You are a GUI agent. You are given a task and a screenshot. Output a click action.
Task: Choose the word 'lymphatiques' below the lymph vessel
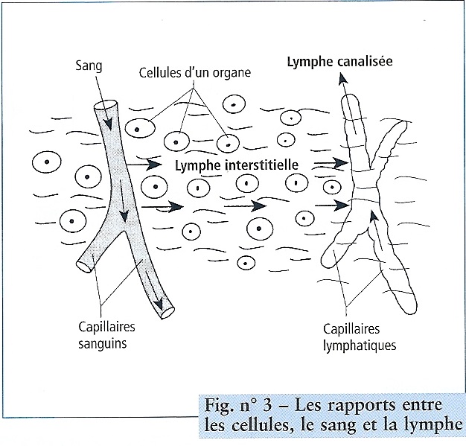(360, 345)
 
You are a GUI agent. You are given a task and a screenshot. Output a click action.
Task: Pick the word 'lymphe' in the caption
(434, 426)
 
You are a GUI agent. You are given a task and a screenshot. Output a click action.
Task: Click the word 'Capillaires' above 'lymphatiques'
(348, 328)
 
